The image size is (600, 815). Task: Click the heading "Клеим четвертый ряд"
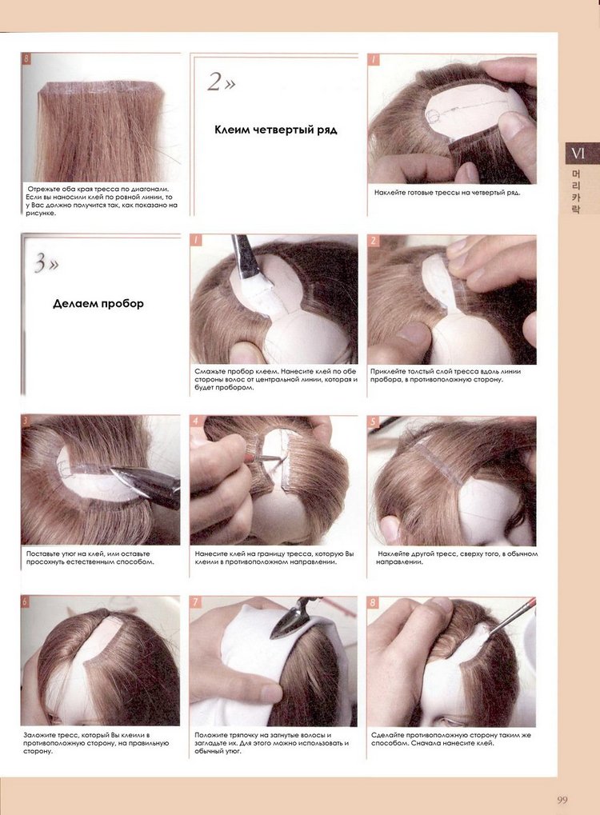point(275,130)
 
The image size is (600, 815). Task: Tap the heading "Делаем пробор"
point(98,304)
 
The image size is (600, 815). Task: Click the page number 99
point(562,800)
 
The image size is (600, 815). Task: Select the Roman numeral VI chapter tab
point(578,154)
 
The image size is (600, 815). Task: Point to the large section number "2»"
point(222,82)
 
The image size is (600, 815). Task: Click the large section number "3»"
point(46,263)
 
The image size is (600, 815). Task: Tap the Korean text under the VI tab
point(576,191)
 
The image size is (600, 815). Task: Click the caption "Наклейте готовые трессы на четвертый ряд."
point(447,193)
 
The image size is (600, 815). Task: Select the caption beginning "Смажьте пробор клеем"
point(276,379)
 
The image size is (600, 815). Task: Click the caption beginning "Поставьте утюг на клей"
point(90,557)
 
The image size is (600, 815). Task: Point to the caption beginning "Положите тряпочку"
point(271,743)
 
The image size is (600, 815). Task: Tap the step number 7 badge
point(195,602)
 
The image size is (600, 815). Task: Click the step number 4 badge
point(195,421)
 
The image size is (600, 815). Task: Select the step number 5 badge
point(373,421)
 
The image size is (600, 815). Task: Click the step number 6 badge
point(26,602)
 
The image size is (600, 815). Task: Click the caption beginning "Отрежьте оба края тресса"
point(102,202)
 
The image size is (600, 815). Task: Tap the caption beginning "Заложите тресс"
point(96,743)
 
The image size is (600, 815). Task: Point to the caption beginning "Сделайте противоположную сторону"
point(451,739)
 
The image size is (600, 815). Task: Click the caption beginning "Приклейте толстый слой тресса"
point(446,375)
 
